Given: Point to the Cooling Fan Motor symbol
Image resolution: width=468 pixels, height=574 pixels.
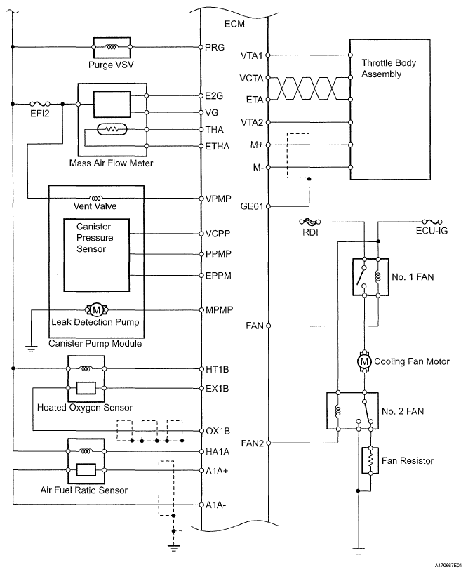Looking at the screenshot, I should pyautogui.click(x=364, y=361).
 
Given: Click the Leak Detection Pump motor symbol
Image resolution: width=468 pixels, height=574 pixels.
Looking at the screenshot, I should pyautogui.click(x=95, y=310).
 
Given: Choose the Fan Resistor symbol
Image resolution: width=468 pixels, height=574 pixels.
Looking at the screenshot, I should pyautogui.click(x=366, y=460).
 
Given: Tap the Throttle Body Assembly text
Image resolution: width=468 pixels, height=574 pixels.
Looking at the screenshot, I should pyautogui.click(x=389, y=68).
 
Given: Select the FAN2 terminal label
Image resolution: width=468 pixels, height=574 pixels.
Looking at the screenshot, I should pyautogui.click(x=253, y=443).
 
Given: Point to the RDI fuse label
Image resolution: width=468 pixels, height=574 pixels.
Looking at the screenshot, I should pyautogui.click(x=309, y=232).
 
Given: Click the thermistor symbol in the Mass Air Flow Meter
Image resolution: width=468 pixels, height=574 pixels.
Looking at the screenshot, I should pyautogui.click(x=112, y=130).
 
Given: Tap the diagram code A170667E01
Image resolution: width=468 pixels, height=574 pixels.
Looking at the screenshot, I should pyautogui.click(x=438, y=563).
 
